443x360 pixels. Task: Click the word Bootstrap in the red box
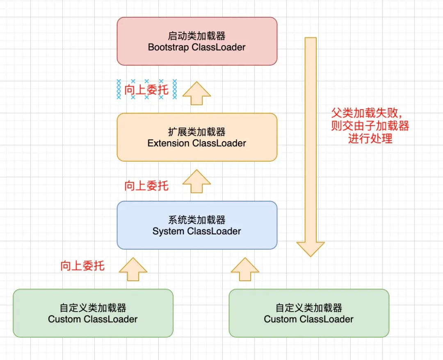coord(168,47)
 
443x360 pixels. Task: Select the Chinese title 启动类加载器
coord(196,36)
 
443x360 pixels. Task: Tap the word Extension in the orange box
coord(168,143)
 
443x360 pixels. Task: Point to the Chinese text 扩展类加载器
coord(196,132)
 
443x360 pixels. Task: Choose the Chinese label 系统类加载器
coord(196,220)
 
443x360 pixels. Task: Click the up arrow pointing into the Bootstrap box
coord(196,94)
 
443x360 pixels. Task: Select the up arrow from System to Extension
coord(196,182)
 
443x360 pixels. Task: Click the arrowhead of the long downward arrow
coord(311,248)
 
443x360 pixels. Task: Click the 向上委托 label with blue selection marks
coord(146,89)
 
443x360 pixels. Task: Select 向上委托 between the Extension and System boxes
coord(146,186)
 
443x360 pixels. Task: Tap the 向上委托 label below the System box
coord(82,266)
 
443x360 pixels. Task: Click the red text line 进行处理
coord(370,138)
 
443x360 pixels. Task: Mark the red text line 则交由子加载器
coord(370,126)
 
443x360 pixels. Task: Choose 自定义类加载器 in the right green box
coord(308,308)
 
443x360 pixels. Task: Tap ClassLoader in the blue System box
coord(214,232)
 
